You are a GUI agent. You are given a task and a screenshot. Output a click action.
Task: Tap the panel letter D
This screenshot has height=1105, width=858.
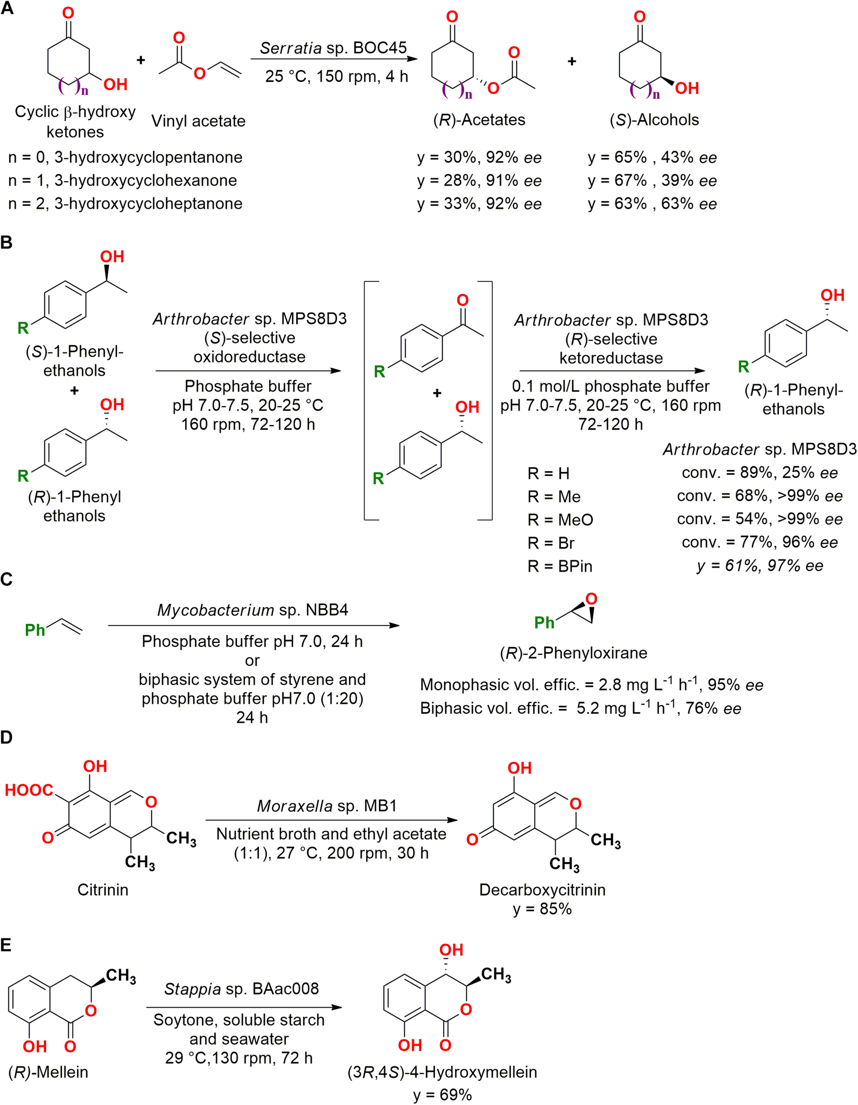7,737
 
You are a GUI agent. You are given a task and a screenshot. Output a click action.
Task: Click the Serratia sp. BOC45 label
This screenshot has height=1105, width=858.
333,48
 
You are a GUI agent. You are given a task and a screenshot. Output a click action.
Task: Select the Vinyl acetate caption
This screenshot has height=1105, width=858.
198,121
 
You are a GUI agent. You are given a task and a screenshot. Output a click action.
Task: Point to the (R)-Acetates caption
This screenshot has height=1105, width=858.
479,120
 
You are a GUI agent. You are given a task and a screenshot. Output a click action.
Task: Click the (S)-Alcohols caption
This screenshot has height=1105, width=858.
654,120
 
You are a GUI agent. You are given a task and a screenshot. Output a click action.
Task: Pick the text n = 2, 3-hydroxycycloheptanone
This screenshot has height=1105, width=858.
125,203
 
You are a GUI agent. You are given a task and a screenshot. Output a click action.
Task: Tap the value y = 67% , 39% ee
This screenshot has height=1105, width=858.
652,181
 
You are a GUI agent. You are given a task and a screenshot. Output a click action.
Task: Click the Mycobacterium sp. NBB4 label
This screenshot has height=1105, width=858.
252,610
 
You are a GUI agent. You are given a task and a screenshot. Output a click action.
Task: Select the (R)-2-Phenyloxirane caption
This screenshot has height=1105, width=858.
573,653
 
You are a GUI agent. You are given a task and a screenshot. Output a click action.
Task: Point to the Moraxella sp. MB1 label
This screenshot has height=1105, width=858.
327,805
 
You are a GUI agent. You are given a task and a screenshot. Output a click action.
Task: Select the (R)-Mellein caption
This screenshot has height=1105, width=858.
48,1071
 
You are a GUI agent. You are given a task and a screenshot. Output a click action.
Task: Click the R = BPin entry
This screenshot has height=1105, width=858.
560,566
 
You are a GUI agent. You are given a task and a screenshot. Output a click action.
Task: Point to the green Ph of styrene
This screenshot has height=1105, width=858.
35,630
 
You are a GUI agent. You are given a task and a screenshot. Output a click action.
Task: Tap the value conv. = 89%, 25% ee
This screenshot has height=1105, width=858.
759,472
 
